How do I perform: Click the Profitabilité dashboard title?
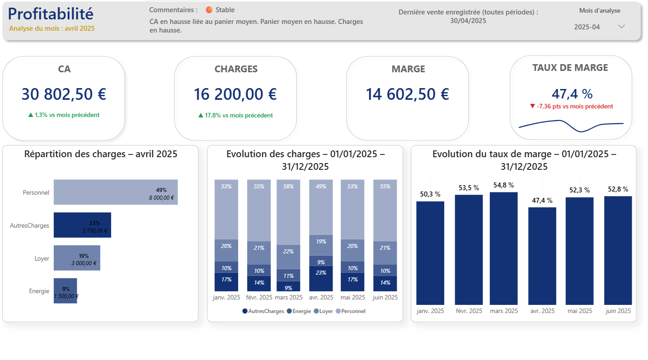[x=51, y=14]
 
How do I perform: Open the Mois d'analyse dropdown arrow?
[x=621, y=27]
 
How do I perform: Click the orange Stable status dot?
[x=209, y=10]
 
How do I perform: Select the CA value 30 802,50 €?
[x=64, y=94]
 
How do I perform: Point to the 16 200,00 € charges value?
[x=235, y=94]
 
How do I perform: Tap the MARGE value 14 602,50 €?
[x=407, y=94]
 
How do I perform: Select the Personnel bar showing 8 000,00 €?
[x=115, y=192]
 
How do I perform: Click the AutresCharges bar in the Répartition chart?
[x=82, y=225]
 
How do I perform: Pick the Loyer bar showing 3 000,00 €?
[x=77, y=258]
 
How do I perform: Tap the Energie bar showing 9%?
[x=65, y=291]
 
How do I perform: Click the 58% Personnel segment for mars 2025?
[x=288, y=212]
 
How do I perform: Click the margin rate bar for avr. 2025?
[x=542, y=256]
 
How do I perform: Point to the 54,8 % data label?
[x=503, y=185]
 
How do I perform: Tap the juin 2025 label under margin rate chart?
[x=617, y=311]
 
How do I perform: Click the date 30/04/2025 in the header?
[x=468, y=21]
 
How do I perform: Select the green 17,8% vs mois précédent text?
[x=235, y=116]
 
